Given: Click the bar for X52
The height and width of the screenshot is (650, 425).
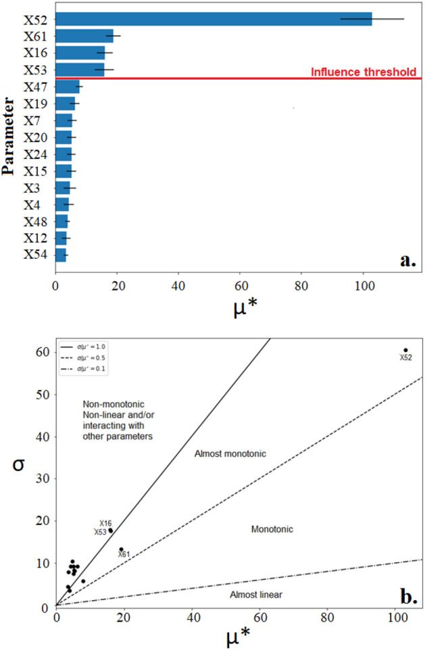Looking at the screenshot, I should point(213,19).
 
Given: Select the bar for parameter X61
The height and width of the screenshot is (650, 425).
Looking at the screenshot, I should point(84,36).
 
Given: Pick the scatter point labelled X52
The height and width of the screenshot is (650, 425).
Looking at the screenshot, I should point(405,350).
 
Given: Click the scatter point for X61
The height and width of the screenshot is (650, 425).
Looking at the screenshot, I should point(122,549).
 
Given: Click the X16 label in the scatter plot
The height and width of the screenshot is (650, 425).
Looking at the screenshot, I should point(105,524).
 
